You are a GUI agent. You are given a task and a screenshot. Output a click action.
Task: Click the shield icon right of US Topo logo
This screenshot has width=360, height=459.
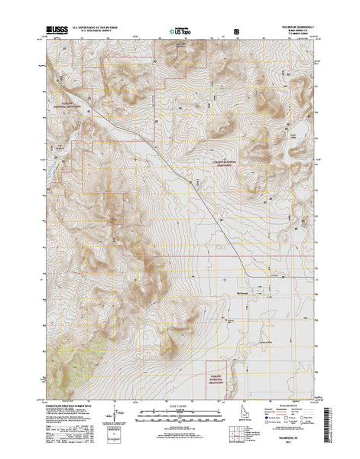pos(236,31)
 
